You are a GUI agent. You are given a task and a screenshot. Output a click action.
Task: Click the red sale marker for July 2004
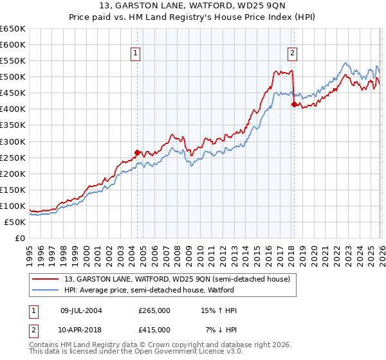(x=137, y=152)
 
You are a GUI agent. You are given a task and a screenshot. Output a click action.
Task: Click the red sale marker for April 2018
(x=294, y=104)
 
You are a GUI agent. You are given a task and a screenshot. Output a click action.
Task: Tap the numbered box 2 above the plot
(x=292, y=53)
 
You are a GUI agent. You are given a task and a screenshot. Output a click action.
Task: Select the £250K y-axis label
(x=13, y=157)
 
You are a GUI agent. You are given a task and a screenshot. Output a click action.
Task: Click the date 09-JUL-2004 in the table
(x=81, y=310)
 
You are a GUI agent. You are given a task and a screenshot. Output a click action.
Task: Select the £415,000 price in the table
(x=154, y=329)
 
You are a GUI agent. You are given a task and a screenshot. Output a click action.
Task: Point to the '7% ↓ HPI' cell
(x=221, y=329)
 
